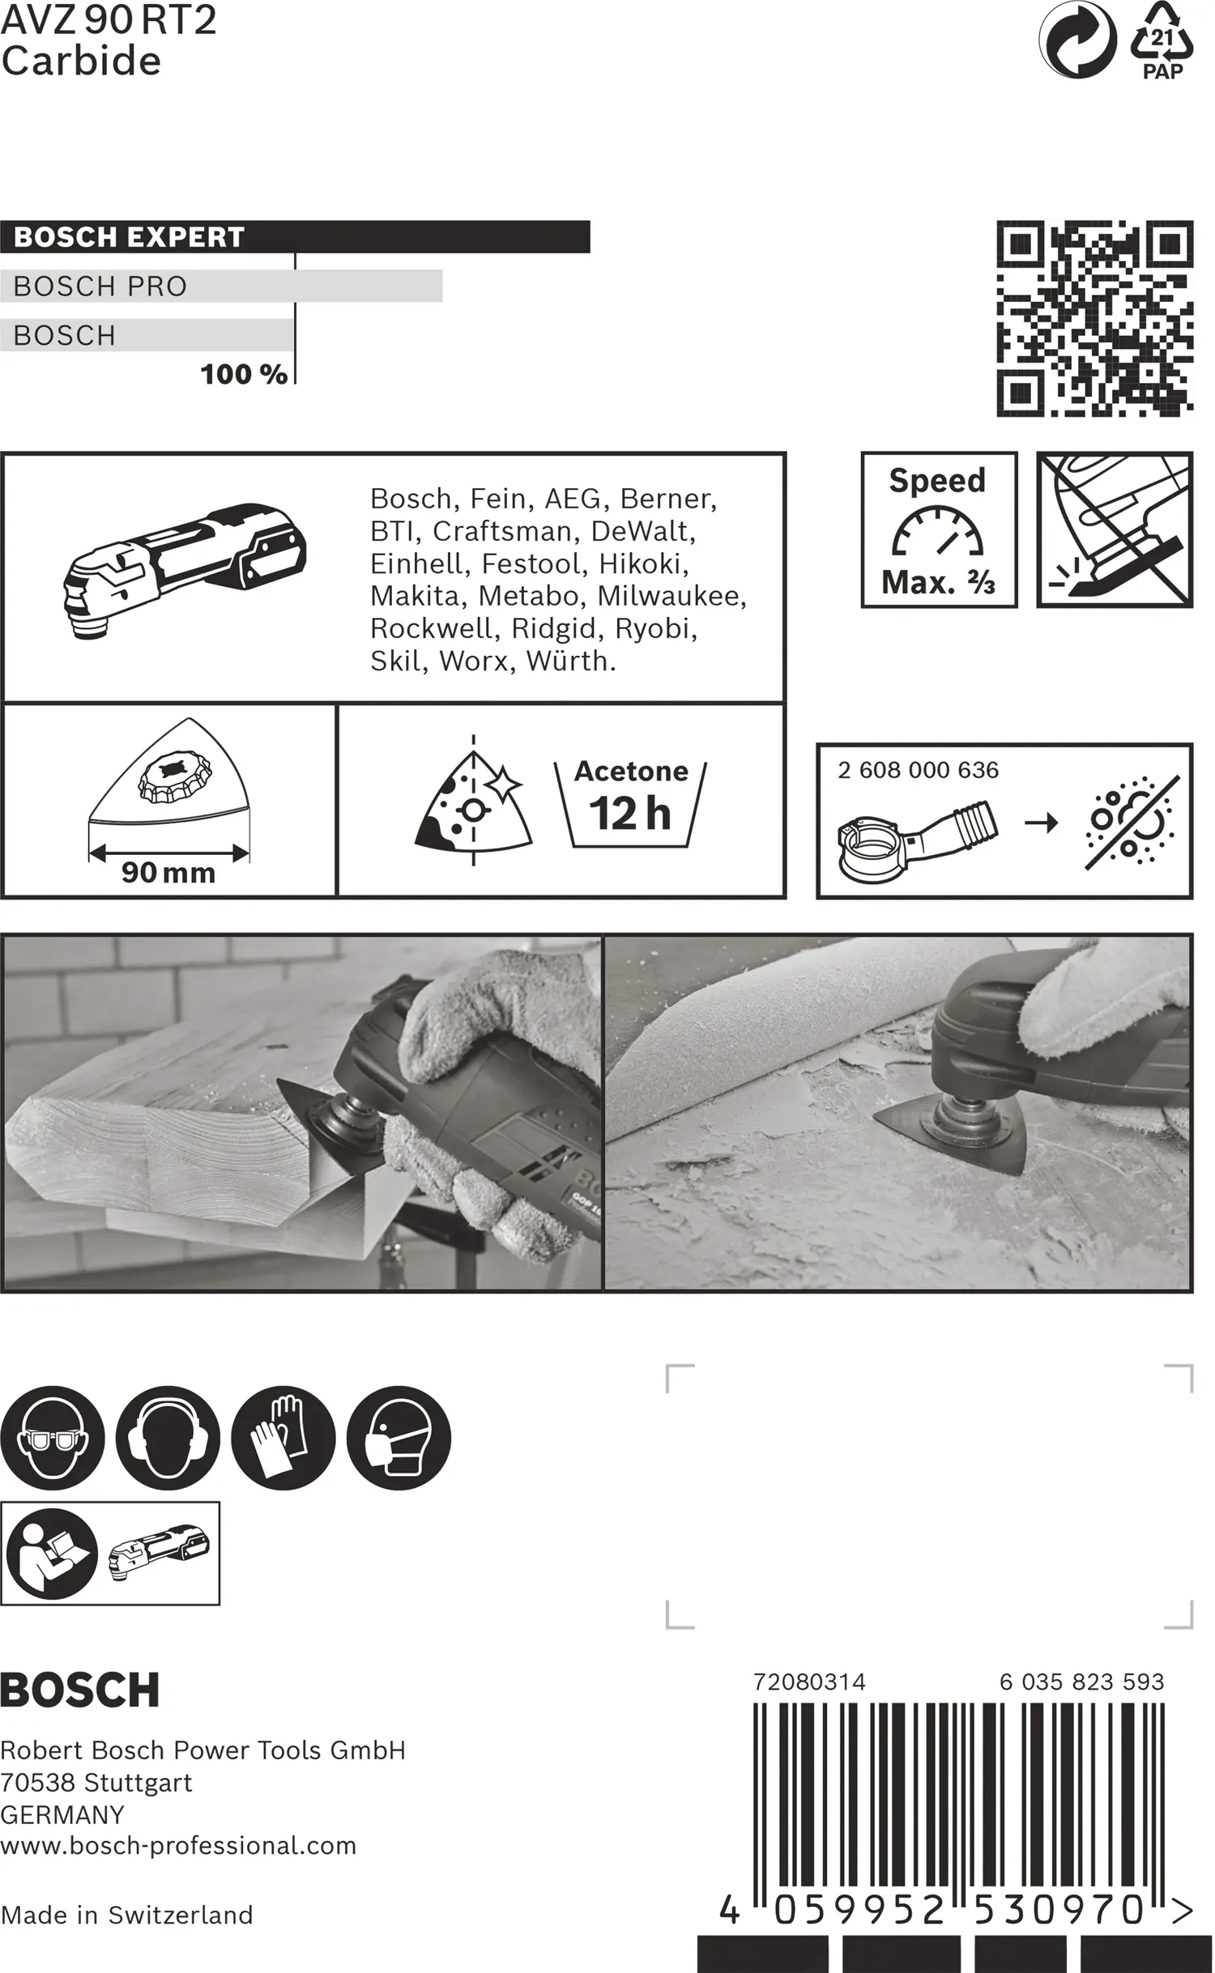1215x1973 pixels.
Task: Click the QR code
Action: [x=1094, y=318]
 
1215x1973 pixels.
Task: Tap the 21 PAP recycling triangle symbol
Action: [x=1162, y=40]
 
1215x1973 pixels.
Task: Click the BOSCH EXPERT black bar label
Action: [x=130, y=237]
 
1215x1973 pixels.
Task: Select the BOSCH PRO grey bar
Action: [x=220, y=286]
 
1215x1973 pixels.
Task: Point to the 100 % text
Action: [x=243, y=374]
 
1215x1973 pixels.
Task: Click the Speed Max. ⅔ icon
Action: [x=938, y=530]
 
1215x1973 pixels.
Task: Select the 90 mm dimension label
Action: [x=168, y=873]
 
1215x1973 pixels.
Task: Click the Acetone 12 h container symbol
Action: [x=630, y=804]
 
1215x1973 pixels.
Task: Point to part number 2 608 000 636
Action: [x=918, y=770]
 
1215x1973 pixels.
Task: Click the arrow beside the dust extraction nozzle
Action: [x=1041, y=823]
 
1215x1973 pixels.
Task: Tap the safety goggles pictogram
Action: [x=53, y=1438]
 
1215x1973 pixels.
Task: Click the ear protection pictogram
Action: [x=168, y=1438]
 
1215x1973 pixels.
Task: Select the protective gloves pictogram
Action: [x=283, y=1438]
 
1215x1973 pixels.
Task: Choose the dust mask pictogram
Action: [x=399, y=1438]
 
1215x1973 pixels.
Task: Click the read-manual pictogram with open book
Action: [x=52, y=1554]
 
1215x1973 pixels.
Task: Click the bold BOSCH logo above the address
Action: [x=79, y=1690]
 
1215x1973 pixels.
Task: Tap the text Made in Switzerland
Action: [x=127, y=1915]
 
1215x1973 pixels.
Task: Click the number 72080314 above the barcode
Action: [x=808, y=1682]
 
